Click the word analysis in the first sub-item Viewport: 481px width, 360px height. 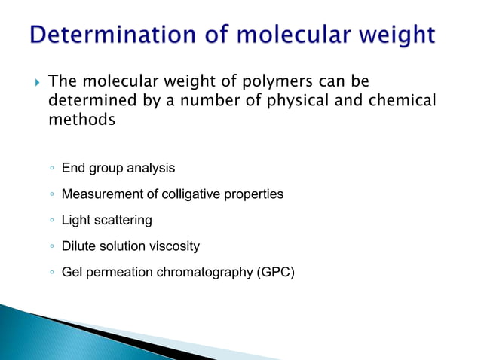pyautogui.click(x=151, y=168)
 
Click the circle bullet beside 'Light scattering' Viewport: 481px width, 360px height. pyautogui.click(x=50, y=221)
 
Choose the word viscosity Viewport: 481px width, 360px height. pyautogui.click(x=175, y=246)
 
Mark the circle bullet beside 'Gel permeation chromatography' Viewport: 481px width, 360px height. pyautogui.click(x=50, y=272)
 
